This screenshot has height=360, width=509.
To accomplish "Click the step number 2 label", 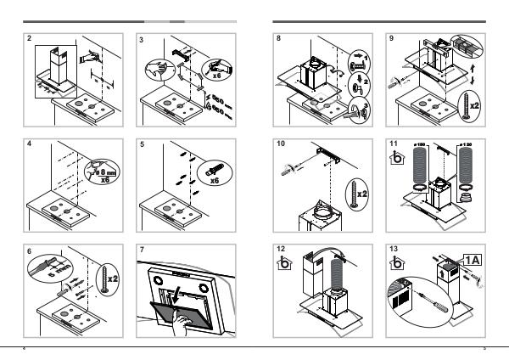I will pos(30,39).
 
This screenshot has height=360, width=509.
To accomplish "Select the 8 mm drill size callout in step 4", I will pos(103,172).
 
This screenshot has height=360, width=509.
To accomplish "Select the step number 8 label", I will pos(280,39).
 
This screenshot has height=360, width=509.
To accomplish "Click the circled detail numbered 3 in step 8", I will pos(358,109).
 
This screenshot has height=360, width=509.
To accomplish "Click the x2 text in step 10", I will pos(363,194).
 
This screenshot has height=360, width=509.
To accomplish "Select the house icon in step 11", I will pos(395,160).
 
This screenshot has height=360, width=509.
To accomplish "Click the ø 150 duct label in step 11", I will pos(417,148).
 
